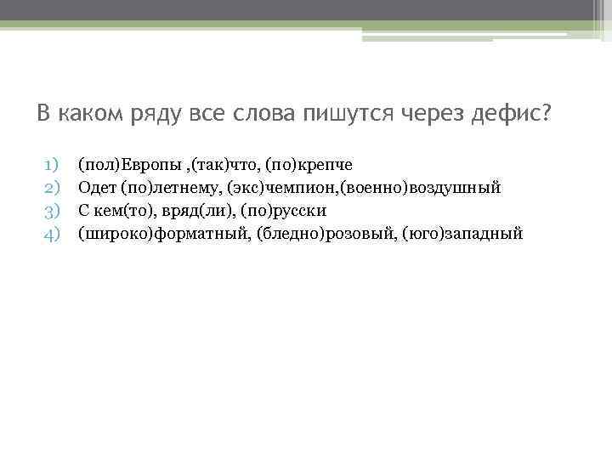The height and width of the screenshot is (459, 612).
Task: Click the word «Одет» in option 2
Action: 96,186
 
